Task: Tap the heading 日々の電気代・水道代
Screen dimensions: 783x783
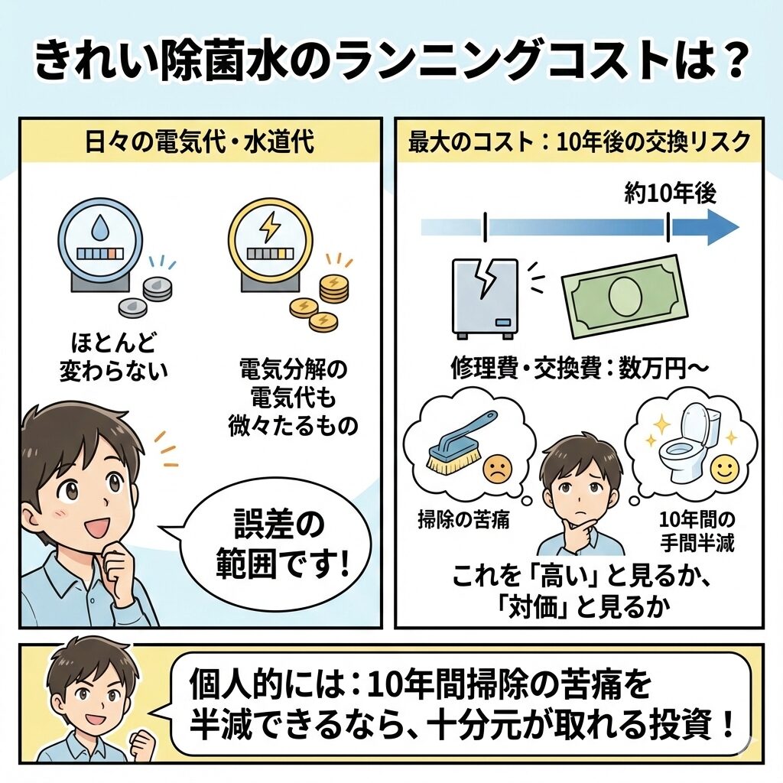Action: click(200, 142)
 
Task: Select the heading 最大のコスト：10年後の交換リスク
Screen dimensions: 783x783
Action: click(579, 142)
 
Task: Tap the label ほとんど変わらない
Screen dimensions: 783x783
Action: click(113, 359)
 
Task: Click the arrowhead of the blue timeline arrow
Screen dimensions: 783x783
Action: click(722, 227)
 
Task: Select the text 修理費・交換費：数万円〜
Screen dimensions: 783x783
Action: click(580, 367)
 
